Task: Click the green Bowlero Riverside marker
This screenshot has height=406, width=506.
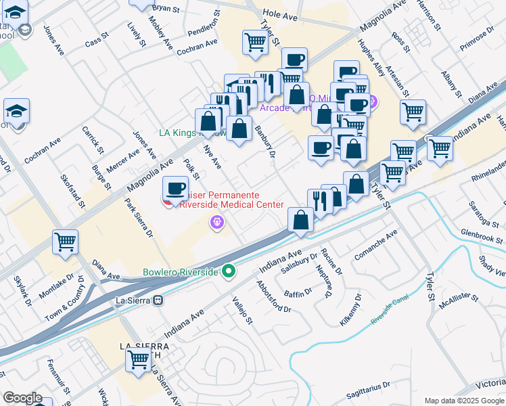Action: (x=229, y=272)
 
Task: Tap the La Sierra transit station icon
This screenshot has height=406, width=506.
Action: (x=158, y=300)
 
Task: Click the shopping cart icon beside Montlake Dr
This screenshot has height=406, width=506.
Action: (x=65, y=242)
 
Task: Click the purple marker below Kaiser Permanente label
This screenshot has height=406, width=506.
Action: (x=216, y=221)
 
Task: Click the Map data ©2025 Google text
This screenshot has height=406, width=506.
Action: (x=464, y=400)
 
